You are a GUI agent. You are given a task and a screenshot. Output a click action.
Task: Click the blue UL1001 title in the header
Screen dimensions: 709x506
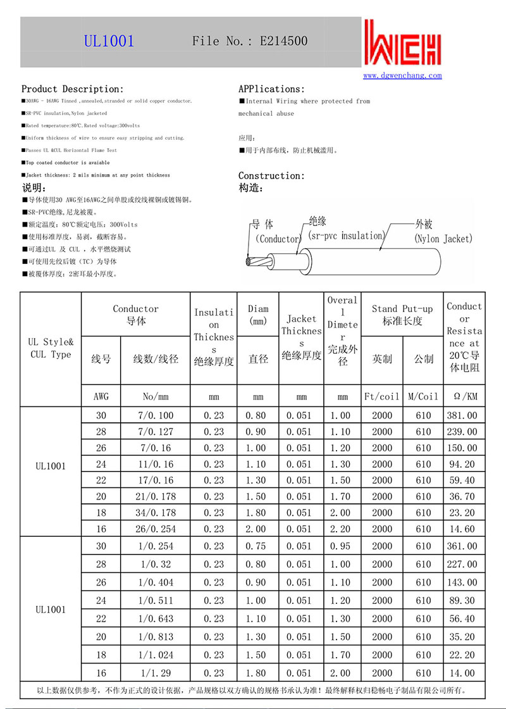(109, 41)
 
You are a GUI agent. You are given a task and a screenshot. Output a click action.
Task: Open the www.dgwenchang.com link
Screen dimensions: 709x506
(402, 75)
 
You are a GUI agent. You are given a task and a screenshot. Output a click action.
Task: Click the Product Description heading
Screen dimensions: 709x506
(73, 89)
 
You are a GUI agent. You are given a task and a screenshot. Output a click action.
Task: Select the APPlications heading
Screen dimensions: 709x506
(271, 89)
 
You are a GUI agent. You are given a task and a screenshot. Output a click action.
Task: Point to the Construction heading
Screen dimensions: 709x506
(271, 175)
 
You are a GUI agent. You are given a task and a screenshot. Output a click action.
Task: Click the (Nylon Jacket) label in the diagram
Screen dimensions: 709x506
(443, 239)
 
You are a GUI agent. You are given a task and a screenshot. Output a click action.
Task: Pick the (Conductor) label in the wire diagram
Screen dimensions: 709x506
(278, 239)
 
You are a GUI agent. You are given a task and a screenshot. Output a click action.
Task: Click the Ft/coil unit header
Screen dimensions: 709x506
(382, 396)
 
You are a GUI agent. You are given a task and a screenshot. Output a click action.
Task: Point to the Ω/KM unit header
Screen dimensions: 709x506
(464, 396)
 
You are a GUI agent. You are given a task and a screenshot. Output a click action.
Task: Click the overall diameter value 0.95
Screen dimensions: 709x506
(343, 546)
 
